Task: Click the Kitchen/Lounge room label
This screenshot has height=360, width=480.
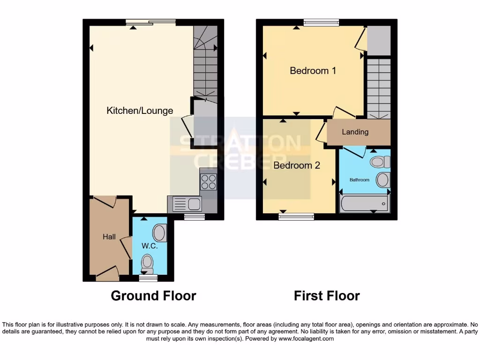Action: tap(140, 111)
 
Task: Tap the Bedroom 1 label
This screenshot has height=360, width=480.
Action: tap(313, 71)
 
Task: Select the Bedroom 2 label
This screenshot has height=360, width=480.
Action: tap(297, 165)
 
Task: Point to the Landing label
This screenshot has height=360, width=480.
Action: tap(355, 132)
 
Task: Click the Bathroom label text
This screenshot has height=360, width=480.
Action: tap(359, 180)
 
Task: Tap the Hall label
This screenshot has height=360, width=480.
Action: tap(109, 237)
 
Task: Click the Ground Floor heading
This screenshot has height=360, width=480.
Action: tap(153, 296)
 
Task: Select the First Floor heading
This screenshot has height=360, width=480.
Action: tap(327, 296)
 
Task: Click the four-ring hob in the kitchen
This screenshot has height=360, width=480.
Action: tap(208, 182)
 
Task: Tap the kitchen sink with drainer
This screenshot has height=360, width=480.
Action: tap(187, 204)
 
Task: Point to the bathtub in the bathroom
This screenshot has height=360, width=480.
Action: tap(364, 204)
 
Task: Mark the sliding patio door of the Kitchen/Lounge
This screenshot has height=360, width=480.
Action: tap(150, 22)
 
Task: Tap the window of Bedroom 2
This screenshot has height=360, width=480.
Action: tap(296, 217)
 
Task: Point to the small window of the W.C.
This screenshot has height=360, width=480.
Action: tap(148, 278)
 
